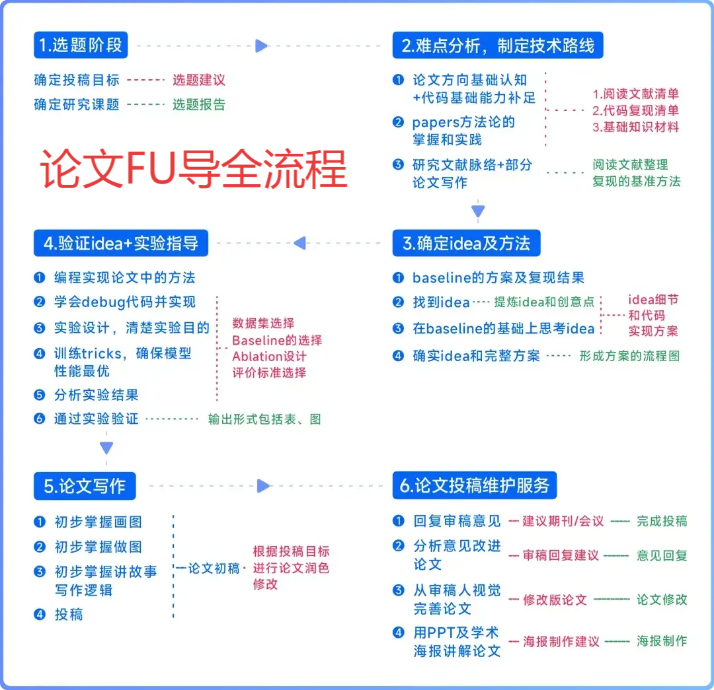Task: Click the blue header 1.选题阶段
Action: pos(80,45)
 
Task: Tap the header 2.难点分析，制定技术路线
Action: pos(497,45)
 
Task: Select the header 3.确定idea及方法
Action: pos(466,243)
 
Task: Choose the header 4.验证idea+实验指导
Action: pos(121,243)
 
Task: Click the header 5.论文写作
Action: pos(85,486)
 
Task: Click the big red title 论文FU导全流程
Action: pos(193,169)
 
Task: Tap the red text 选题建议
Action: pos(199,80)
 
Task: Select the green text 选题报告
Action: pos(199,104)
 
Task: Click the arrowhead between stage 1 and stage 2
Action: pos(262,46)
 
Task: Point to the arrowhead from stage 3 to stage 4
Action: pos(299,243)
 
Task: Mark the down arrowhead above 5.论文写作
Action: pos(106,448)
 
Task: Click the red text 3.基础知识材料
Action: pos(635,127)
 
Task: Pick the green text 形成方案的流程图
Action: pos(629,356)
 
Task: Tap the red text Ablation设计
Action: pos(269,357)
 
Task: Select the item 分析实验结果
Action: pos(97,395)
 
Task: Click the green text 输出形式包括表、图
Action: pos(264,419)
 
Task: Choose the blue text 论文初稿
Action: pos(214,568)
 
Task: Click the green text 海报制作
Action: pos(662,640)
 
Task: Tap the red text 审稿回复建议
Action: pos(561,555)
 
